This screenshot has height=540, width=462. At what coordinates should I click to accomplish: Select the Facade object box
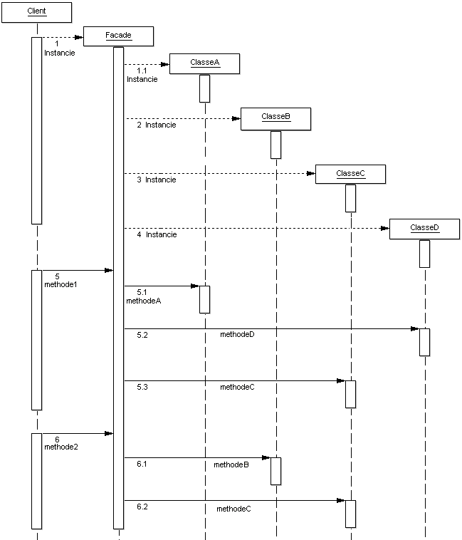coord(118,35)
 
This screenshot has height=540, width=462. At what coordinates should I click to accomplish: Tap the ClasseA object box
coord(204,63)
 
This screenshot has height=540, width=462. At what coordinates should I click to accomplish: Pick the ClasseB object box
coord(275,118)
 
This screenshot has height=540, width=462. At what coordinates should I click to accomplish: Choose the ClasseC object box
coord(350,174)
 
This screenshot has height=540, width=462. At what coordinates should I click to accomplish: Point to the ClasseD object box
coord(424,229)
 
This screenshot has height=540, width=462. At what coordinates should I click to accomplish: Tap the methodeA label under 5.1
coord(144,301)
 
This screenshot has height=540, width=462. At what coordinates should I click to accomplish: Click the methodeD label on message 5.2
coord(237,334)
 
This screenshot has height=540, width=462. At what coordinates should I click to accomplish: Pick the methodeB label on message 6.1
coord(231,464)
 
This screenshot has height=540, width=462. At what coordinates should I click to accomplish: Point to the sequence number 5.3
coord(142,387)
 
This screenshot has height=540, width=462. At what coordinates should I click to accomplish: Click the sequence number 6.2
coord(142,507)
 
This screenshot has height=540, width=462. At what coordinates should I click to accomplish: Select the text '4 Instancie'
coord(157,234)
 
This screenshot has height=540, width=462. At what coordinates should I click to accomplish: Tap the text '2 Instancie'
coord(157,125)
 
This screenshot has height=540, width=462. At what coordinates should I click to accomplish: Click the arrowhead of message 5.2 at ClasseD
coord(414,329)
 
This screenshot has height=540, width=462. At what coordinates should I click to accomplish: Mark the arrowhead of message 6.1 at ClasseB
coord(266,458)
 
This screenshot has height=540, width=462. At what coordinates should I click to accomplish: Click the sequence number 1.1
coord(142,71)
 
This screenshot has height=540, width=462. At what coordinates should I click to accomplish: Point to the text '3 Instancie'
coord(157,180)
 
